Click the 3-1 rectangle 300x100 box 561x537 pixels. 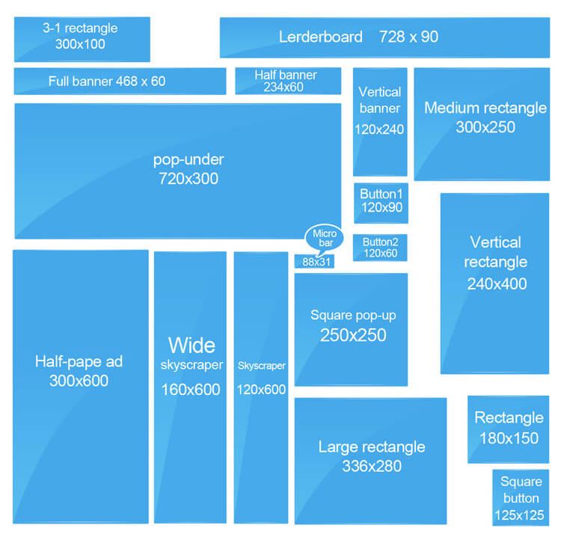click(82, 40)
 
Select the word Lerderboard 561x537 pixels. click(321, 37)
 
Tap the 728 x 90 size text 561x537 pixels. click(408, 37)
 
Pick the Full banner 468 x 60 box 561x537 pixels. click(120, 82)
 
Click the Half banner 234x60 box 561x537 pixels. click(288, 82)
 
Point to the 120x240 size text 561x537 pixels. click(379, 129)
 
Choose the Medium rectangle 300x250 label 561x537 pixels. click(485, 117)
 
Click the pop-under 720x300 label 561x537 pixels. click(188, 169)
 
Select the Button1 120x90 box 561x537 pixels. click(381, 203)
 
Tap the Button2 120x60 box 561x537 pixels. click(380, 248)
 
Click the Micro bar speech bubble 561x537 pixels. click(324, 239)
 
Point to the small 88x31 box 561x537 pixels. click(314, 262)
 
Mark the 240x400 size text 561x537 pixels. click(497, 283)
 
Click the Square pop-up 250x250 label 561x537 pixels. click(353, 325)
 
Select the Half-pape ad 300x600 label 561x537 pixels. click(79, 371)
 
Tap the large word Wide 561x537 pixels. click(191, 346)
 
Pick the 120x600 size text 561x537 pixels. click(261, 389)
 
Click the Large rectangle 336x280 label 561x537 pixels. click(372, 456)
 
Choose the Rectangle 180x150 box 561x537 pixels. click(509, 429)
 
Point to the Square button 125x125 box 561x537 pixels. click(521, 497)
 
